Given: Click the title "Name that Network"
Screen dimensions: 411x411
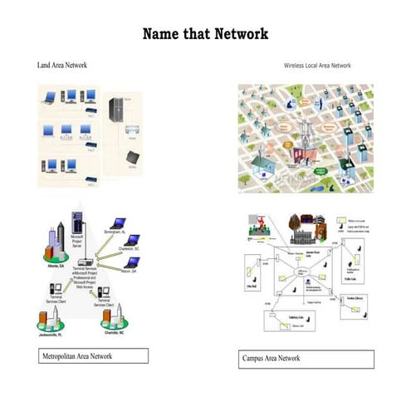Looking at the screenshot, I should tap(205, 34).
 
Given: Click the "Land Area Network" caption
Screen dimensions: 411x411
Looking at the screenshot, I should tap(62, 64).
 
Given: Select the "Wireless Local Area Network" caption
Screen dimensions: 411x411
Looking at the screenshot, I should tap(317, 65).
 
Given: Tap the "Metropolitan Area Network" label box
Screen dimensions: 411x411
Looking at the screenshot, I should tap(93, 356).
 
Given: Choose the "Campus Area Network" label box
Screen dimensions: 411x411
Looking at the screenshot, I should tap(305, 359).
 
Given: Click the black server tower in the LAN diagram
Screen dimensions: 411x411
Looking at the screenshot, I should tap(115, 109).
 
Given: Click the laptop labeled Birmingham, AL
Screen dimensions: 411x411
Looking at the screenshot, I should tap(119, 223).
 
